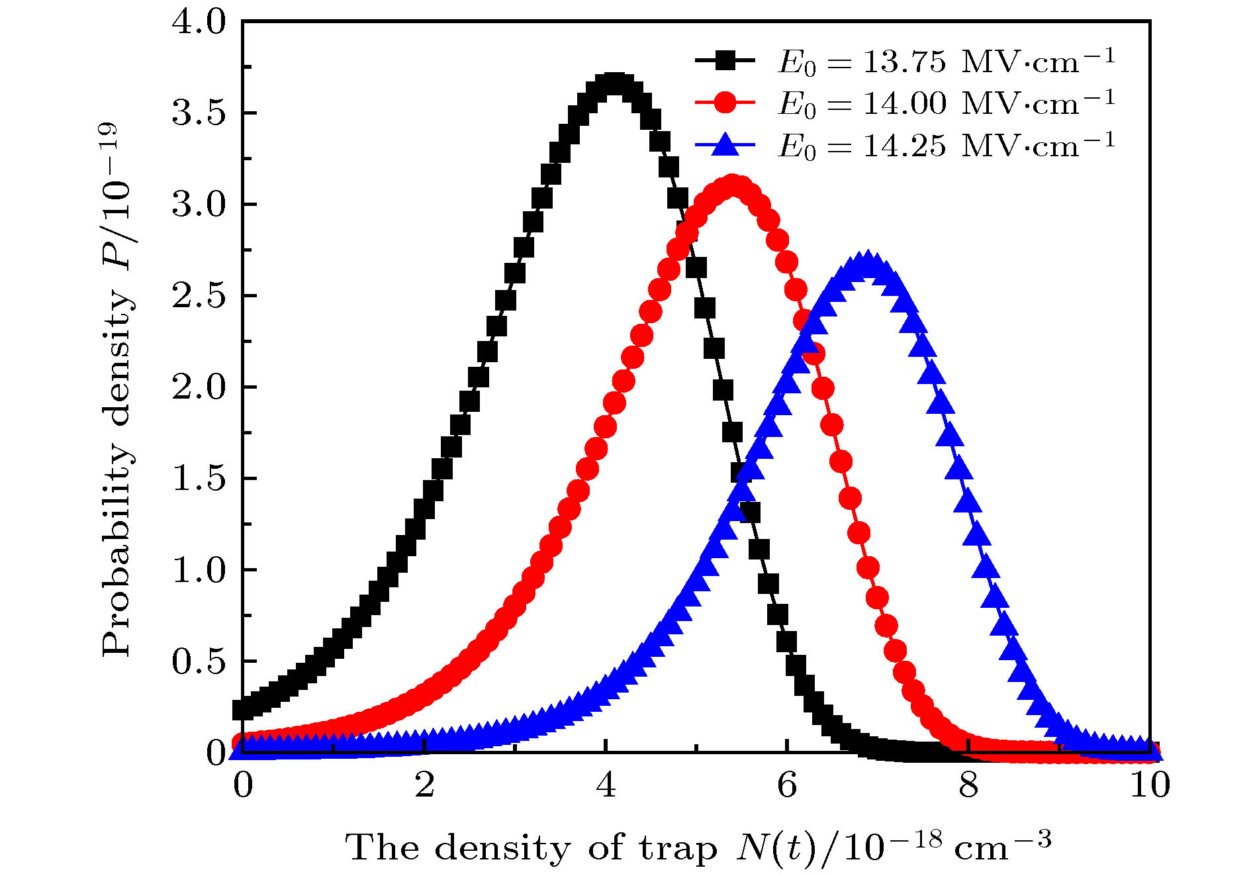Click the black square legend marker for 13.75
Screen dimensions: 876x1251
[725, 61]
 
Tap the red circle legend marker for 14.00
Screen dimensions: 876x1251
[725, 102]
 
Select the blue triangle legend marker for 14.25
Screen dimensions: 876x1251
[725, 144]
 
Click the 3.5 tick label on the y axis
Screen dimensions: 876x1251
[199, 113]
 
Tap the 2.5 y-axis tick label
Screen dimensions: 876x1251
[199, 296]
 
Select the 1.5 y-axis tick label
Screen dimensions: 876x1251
[199, 479]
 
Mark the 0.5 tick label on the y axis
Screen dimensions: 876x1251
[199, 661]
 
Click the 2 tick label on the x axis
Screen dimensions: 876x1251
[424, 786]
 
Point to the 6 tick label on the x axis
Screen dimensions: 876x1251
[787, 786]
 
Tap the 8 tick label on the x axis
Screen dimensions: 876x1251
[968, 786]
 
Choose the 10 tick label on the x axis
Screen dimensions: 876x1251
[1150, 786]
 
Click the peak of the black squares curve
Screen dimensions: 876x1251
[615, 85]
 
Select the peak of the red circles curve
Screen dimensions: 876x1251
[732, 187]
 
